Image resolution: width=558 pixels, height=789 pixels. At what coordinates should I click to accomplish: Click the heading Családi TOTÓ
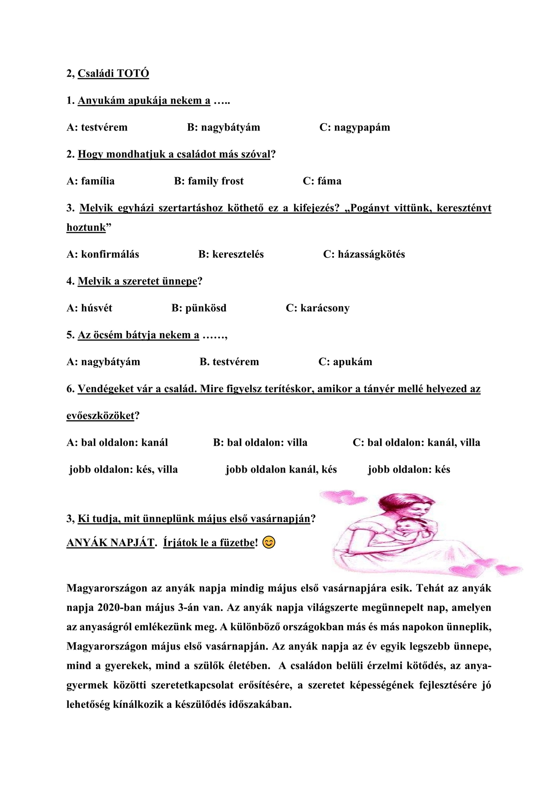coord(113,73)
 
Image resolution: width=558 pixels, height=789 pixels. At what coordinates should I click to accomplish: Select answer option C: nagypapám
coord(355,128)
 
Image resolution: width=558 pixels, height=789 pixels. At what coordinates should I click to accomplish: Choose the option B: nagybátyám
coord(224,128)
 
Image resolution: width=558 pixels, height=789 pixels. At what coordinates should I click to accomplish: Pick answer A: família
coord(91,181)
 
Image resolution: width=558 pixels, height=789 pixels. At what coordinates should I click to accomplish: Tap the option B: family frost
coord(209,181)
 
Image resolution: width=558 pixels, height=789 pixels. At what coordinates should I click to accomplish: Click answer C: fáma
coord(322,181)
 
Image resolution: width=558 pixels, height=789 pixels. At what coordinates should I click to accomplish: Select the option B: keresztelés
coord(231,254)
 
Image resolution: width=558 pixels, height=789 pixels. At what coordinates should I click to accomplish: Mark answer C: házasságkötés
coord(364,254)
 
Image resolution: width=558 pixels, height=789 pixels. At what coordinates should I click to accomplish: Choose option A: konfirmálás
coord(103,254)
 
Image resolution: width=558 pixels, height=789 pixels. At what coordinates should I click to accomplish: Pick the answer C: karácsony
coord(318,308)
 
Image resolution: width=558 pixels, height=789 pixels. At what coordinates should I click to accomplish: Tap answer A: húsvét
coord(89,308)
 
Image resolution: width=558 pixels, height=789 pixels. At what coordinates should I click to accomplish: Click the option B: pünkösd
coord(199,308)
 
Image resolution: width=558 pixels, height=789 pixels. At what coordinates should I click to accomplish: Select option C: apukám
coord(345,362)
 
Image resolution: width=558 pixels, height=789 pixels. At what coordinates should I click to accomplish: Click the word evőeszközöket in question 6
coord(100,416)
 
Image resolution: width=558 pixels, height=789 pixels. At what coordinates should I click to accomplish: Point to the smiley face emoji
coord(269,543)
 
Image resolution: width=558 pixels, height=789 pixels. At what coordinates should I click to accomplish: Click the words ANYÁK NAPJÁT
coord(110,543)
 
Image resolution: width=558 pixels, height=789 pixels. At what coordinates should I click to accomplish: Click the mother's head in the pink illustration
coord(410,504)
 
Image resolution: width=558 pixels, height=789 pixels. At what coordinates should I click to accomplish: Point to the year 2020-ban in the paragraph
coord(116,608)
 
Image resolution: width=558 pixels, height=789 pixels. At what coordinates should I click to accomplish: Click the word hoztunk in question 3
coord(86,227)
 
